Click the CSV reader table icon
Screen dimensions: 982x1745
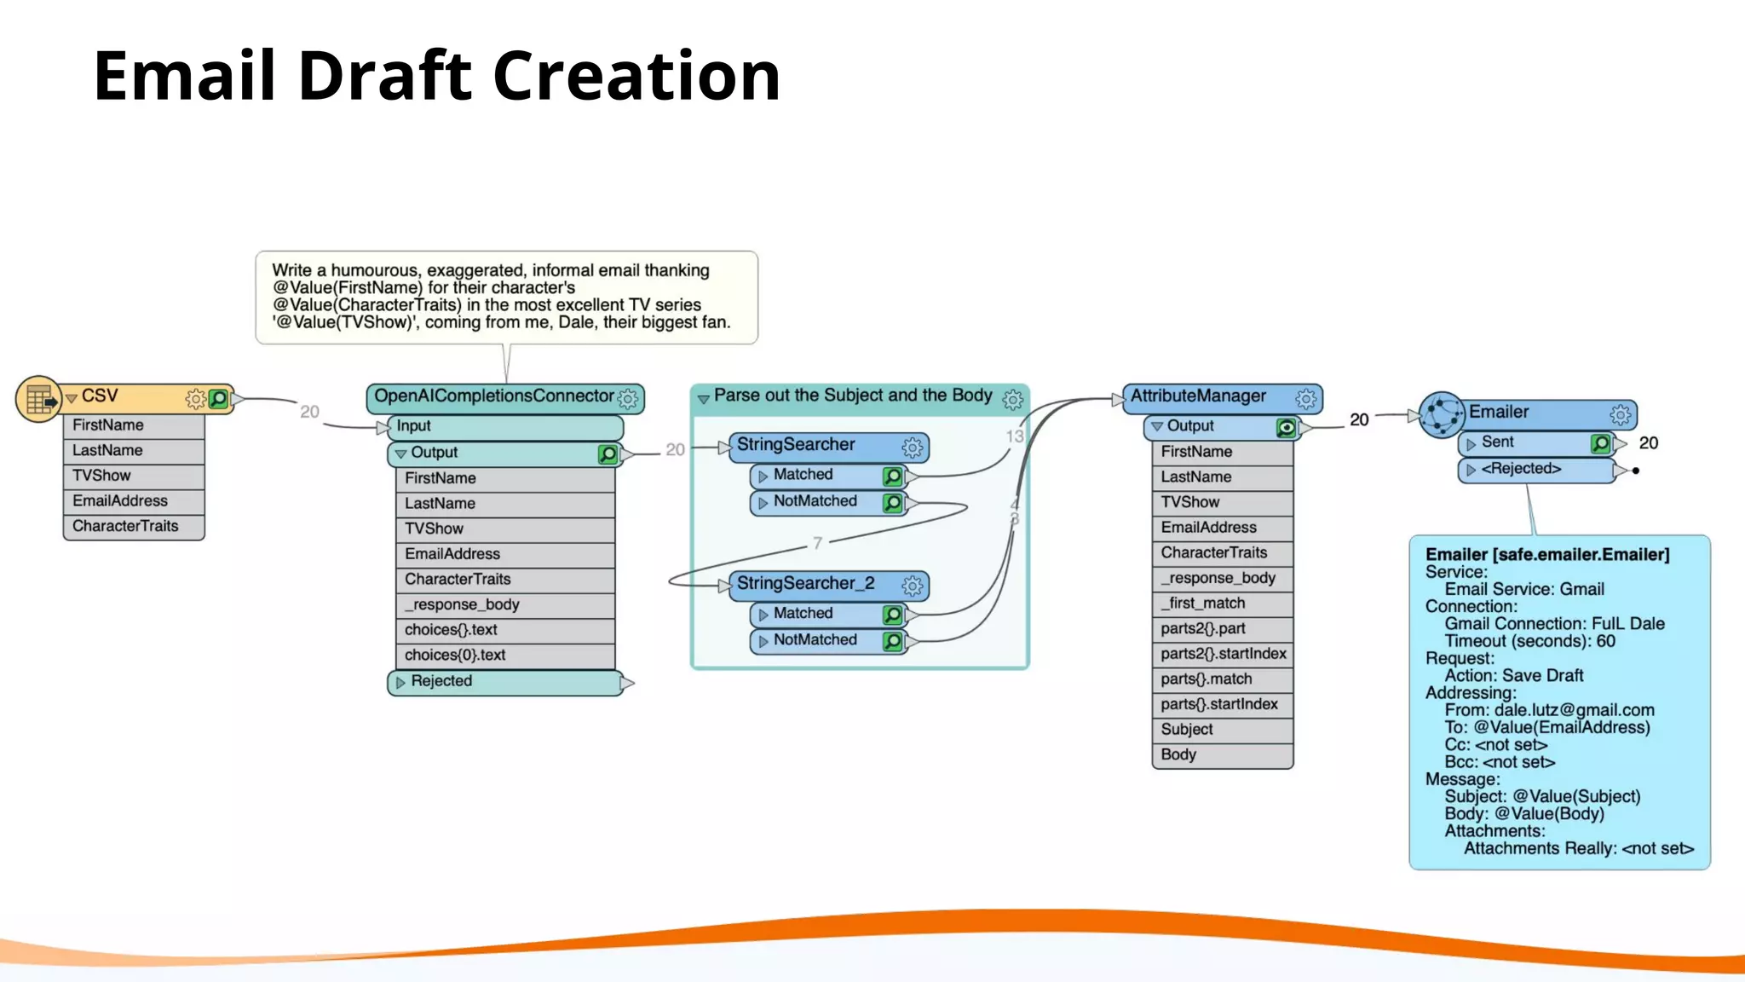38,399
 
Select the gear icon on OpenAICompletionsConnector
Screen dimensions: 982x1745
628,398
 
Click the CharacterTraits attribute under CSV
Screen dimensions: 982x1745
125,526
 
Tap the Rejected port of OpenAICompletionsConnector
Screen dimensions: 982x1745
441,681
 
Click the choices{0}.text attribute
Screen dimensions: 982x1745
455,656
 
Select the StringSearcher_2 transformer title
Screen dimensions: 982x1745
805,584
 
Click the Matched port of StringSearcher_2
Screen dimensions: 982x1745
803,614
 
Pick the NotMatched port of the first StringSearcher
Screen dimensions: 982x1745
815,501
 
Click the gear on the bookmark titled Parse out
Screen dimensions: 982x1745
1012,399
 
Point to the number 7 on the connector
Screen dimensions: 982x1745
817,543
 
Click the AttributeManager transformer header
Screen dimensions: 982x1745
1198,396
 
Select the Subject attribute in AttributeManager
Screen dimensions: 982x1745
1187,730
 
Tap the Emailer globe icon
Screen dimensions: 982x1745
1441,415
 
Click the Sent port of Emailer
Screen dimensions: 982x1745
1497,442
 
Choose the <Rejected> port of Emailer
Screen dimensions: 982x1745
1520,469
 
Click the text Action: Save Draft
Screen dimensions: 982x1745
1513,676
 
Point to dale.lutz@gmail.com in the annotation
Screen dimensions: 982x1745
1574,710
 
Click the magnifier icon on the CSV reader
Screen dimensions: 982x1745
219,398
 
